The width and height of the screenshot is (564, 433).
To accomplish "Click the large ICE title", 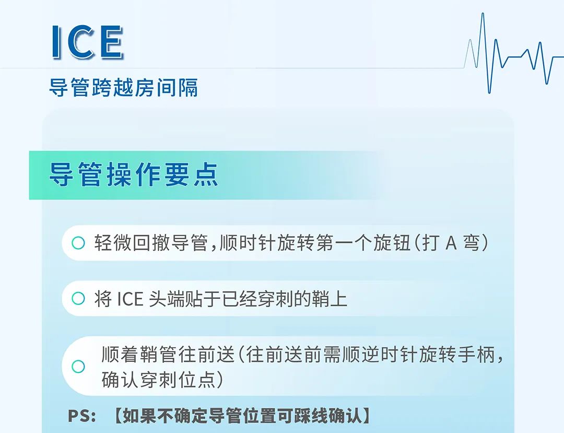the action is click(x=87, y=42).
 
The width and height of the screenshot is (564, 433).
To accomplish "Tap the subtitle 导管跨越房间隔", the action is click(x=123, y=87).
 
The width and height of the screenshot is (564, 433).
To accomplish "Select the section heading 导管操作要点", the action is click(x=134, y=174).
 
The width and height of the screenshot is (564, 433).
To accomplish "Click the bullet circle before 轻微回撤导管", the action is click(x=78, y=243).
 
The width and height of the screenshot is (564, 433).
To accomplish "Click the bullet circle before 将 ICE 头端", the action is click(x=78, y=298).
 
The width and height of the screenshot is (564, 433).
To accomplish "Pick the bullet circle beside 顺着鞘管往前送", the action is click(x=78, y=367).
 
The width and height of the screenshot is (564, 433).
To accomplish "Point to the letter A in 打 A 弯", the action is click(x=451, y=243).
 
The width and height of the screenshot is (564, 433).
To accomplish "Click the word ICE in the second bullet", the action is click(x=130, y=299).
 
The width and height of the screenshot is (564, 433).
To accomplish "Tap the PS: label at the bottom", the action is click(x=82, y=416).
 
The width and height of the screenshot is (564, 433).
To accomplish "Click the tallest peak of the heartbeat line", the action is click(x=483, y=14).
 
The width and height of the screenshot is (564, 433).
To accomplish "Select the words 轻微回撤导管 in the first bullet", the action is click(x=151, y=243).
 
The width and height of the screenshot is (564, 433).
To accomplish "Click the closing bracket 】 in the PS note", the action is click(x=366, y=416).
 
